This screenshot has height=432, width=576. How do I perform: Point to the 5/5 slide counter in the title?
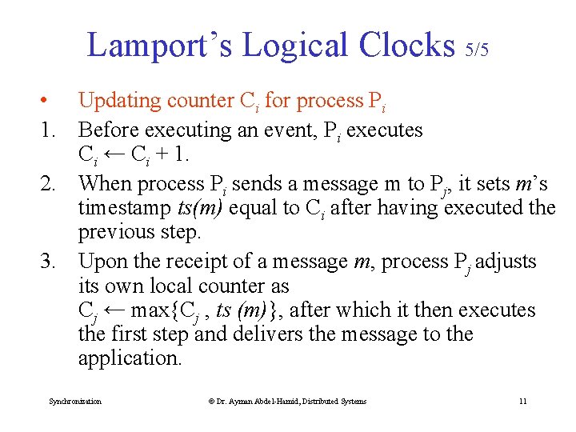tap(477, 50)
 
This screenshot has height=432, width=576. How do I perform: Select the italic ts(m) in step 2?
tap(200, 208)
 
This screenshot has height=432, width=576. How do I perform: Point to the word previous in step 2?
tap(119, 232)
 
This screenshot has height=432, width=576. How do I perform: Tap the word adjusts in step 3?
tap(506, 262)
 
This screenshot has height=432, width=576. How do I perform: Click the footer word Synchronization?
tap(75, 401)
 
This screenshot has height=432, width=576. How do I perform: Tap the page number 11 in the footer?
tap(522, 401)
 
